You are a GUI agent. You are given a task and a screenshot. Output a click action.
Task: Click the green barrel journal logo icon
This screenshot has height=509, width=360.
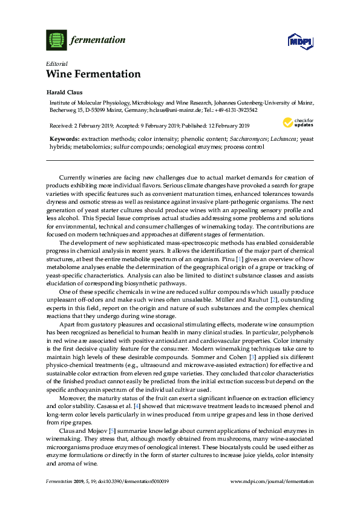(x=56, y=41)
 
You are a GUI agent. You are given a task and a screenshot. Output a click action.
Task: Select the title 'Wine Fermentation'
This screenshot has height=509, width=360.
(x=93, y=74)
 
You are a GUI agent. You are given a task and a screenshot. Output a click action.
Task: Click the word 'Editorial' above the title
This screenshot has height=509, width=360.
(x=56, y=63)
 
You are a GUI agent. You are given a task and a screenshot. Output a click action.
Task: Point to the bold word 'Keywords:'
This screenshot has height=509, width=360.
(x=65, y=139)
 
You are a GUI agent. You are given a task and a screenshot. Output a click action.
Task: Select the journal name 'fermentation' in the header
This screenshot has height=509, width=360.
(x=99, y=41)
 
